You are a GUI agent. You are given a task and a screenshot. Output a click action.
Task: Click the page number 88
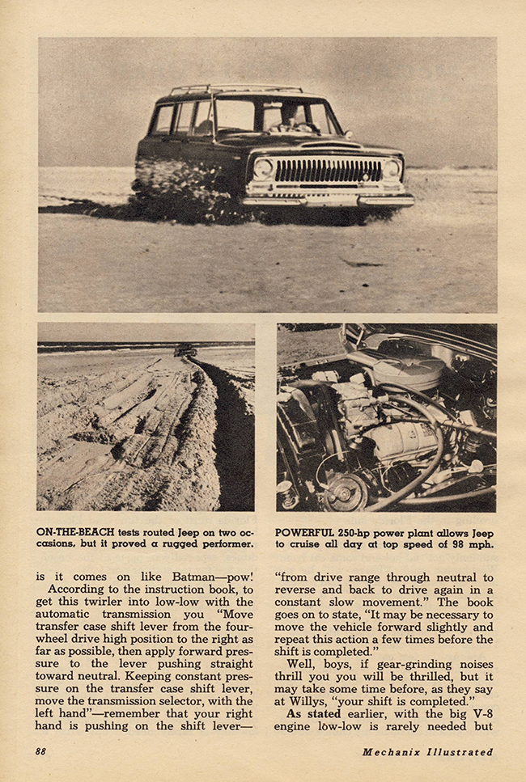[x=40, y=751]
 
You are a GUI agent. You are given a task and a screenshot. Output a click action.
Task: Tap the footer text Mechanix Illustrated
[x=426, y=751]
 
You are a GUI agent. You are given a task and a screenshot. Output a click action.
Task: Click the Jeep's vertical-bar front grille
[x=327, y=170]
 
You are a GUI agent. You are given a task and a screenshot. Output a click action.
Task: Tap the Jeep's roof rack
[x=235, y=89]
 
